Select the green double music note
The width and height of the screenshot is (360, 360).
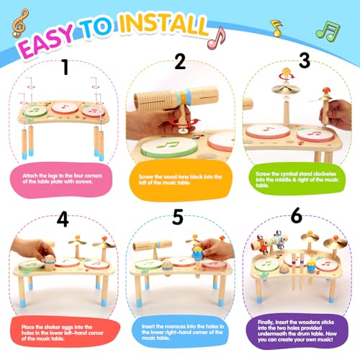coord(328,30)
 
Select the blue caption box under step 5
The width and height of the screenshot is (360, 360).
coord(180,331)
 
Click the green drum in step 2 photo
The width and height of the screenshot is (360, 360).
coord(170,148)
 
